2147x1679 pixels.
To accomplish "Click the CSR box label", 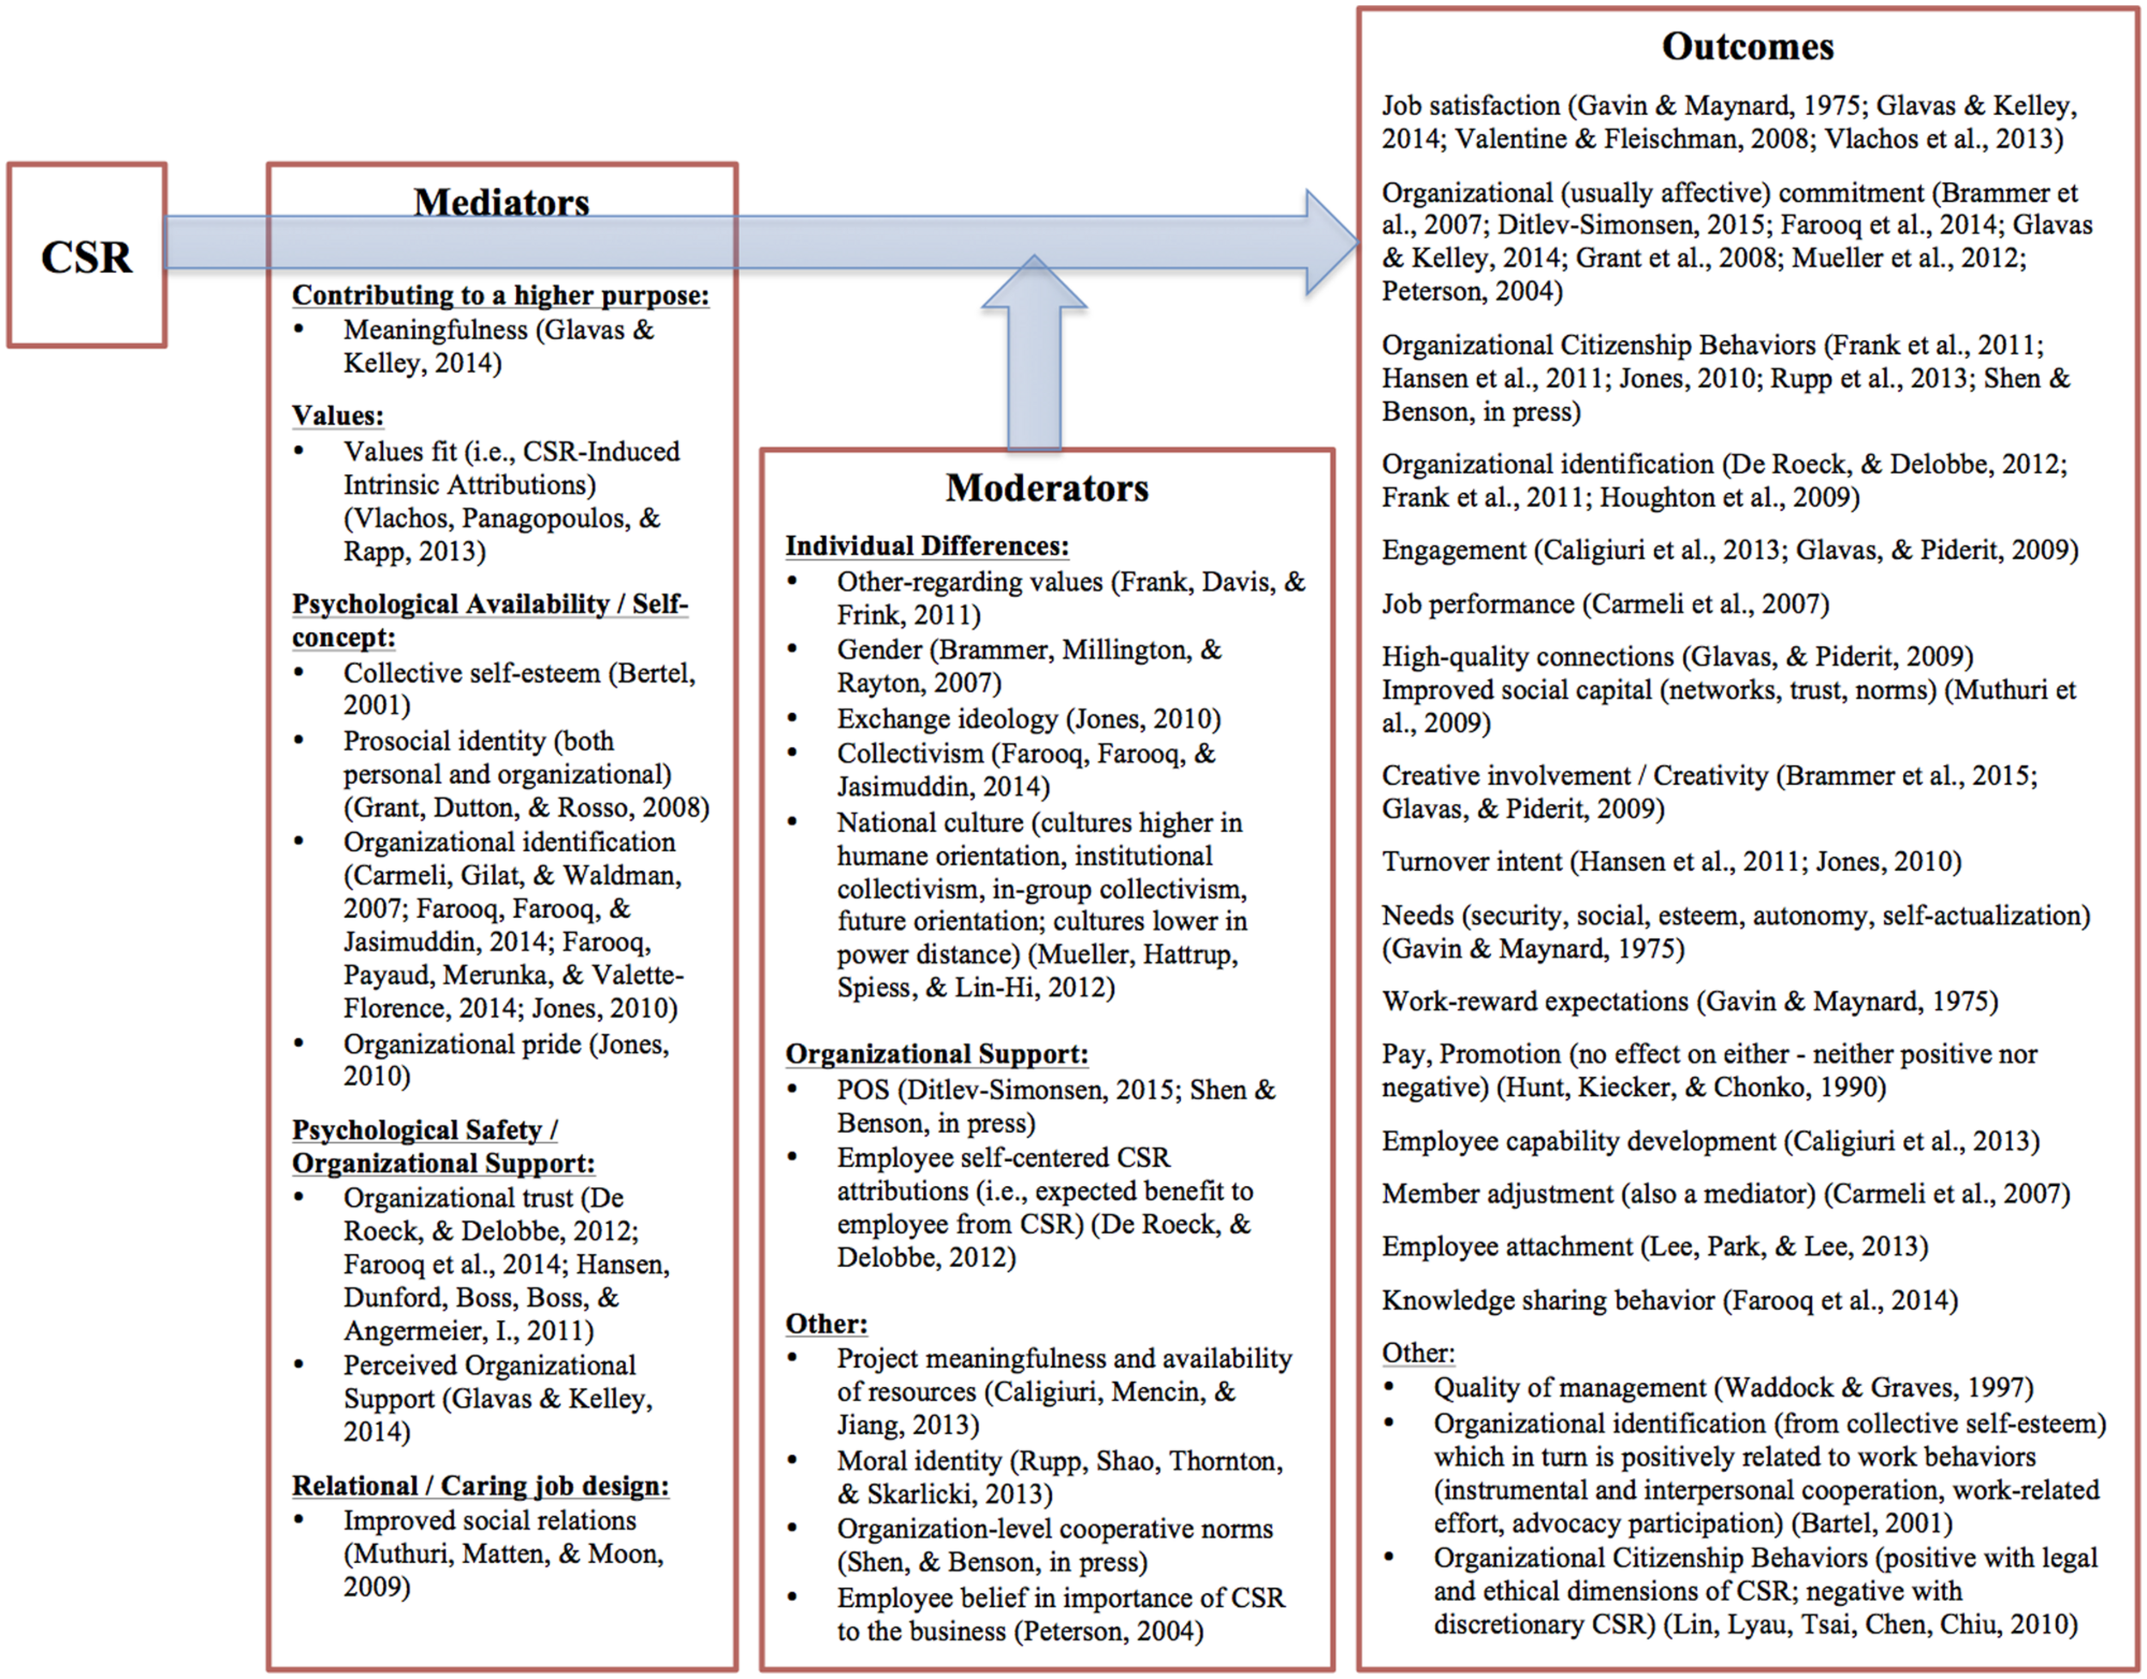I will point(87,258).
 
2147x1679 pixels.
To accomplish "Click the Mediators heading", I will point(502,203).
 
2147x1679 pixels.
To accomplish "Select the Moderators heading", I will point(1047,488).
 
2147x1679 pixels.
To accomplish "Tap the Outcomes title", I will point(1747,47).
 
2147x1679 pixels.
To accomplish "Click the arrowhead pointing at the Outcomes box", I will point(1331,242).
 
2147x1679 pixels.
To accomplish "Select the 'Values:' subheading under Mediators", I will point(338,415).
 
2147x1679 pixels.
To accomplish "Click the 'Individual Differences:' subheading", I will point(926,545).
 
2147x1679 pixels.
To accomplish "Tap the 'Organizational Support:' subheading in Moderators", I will point(936,1054).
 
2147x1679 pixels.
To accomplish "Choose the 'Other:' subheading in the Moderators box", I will point(826,1323).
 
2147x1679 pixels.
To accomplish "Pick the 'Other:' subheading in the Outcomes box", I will point(1418,1353).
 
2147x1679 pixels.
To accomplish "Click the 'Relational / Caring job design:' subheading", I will point(480,1486).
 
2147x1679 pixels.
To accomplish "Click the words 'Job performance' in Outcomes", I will point(1477,604).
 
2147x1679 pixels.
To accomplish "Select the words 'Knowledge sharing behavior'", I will point(1548,1300).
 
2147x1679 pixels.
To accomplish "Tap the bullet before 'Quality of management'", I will point(1389,1386).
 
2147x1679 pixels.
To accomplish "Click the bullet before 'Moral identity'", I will point(793,1460).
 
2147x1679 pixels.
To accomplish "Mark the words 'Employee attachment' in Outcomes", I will point(1507,1246).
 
